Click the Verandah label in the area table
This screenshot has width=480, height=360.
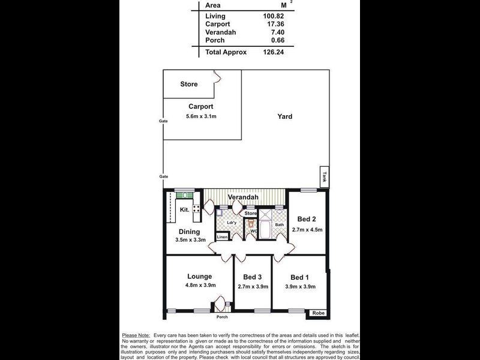219,32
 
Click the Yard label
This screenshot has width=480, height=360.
285,116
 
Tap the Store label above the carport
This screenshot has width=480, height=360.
189,85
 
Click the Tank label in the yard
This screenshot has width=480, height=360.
324,176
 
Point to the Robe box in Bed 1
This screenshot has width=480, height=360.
317,313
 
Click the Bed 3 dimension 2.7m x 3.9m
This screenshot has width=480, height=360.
252,287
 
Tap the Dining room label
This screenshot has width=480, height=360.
190,232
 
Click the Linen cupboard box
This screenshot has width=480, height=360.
222,237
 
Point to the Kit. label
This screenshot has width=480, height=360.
185,210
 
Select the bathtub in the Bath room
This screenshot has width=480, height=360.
265,230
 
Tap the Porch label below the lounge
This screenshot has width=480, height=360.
222,317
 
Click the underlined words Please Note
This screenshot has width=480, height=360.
136,335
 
